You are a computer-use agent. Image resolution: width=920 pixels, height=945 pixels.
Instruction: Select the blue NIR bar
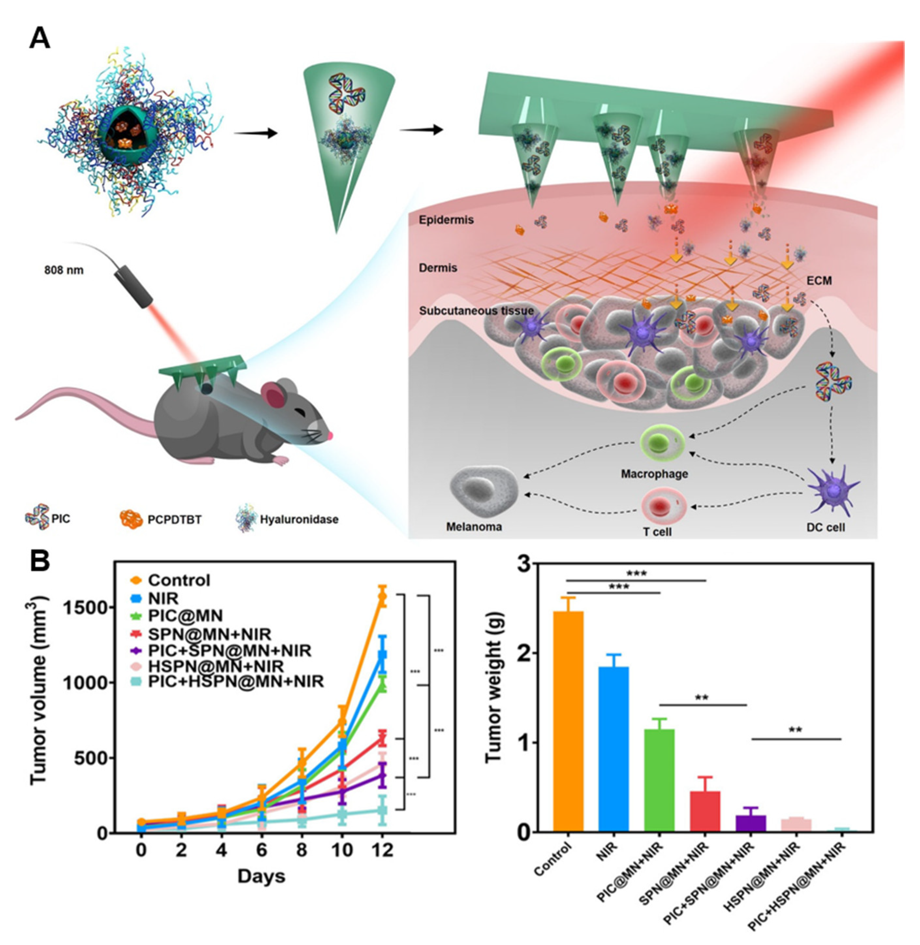[x=613, y=749]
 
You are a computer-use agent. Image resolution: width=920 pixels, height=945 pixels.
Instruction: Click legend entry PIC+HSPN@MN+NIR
[x=235, y=682]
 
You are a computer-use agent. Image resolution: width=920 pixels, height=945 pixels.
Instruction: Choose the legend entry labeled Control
[x=179, y=580]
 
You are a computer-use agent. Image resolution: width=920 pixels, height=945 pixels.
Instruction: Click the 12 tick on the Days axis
[x=382, y=850]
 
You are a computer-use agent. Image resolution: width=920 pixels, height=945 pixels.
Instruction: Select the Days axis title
[x=261, y=876]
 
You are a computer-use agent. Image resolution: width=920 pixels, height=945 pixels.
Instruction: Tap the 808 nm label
[x=64, y=270]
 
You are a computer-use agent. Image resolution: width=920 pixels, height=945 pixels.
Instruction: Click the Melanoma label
[x=474, y=527]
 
